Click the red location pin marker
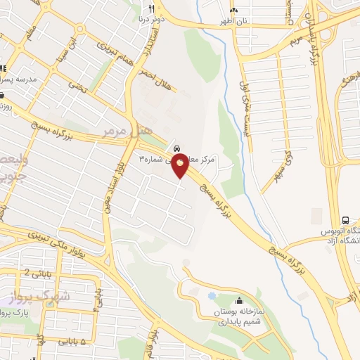181,167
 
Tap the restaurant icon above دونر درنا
150,8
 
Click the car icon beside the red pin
176,148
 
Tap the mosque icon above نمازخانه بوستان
238,298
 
